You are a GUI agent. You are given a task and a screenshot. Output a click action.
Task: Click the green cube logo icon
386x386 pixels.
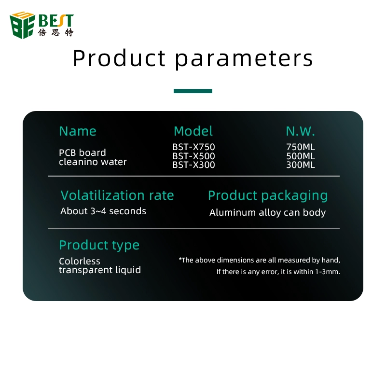coord(22,25)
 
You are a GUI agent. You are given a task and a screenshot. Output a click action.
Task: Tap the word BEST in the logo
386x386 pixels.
coord(56,21)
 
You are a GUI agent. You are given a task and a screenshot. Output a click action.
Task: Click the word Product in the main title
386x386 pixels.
coord(119,58)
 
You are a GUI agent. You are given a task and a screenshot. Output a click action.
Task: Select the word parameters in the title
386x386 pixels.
coord(244,59)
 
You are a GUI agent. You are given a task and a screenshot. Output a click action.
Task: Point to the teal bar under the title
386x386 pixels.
coord(193,91)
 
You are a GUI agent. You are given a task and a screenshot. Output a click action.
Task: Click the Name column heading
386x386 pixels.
coord(78,131)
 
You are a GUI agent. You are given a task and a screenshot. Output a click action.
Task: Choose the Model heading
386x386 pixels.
coord(193,131)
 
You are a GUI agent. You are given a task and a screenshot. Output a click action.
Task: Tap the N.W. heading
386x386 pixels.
coord(300,131)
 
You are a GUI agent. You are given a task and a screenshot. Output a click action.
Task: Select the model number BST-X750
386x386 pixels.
coord(193,147)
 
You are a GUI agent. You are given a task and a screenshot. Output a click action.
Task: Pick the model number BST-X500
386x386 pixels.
coord(193,156)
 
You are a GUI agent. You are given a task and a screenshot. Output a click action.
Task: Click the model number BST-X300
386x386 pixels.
coord(193,165)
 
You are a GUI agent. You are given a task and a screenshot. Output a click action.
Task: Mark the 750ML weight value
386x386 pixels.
coord(301,147)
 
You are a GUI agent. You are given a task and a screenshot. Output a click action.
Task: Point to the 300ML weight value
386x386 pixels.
coord(301,165)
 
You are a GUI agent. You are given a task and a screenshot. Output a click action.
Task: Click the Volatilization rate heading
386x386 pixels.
coord(117,195)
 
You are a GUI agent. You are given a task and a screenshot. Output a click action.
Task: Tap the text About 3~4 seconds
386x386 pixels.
coord(103,211)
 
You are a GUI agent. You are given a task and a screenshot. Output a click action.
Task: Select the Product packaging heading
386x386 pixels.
coord(268,196)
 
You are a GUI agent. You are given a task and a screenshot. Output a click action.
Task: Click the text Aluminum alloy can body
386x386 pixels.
coord(268,213)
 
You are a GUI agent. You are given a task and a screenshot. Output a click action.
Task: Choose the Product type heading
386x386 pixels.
coord(99,246)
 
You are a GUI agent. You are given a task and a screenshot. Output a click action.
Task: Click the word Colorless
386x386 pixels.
coord(80,261)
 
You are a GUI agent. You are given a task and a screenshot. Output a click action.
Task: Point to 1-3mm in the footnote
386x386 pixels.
coord(328,272)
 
